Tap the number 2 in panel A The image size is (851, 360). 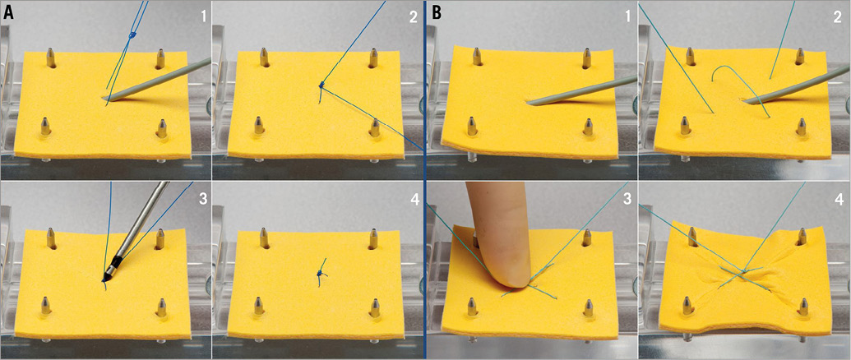[x=411, y=16]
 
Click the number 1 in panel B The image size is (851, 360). [x=625, y=16]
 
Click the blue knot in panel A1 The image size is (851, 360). [x=132, y=36]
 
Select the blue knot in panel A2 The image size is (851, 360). [x=321, y=85]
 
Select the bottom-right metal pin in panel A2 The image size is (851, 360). [x=374, y=128]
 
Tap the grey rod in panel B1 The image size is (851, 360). [x=576, y=90]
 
